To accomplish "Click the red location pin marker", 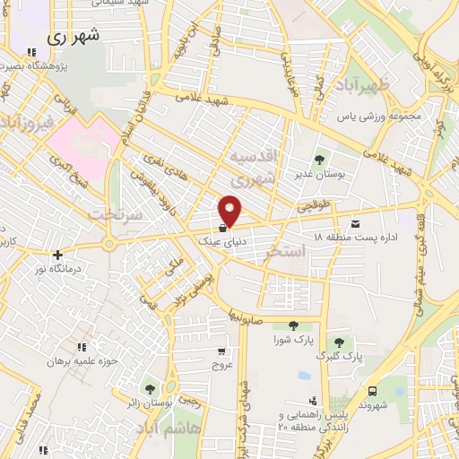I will pyautogui.click(x=230, y=210).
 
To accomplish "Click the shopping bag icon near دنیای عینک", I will pyautogui.click(x=222, y=228).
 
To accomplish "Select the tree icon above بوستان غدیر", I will pyautogui.click(x=319, y=160).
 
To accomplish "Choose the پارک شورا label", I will pyautogui.click(x=292, y=340).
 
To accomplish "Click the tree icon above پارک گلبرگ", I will pyautogui.click(x=338, y=342).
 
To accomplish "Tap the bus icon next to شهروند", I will pyautogui.click(x=371, y=391).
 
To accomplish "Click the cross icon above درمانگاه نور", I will pyautogui.click(x=58, y=255).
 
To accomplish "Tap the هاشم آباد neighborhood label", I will pyautogui.click(x=192, y=431).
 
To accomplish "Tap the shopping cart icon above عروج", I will pyautogui.click(x=221, y=351).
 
